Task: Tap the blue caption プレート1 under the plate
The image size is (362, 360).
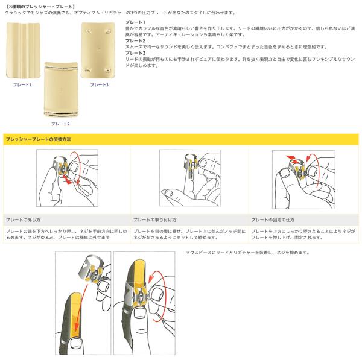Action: [22, 85]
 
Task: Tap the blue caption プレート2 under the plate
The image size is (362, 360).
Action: [60, 124]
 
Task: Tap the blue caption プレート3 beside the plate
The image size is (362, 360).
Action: [99, 85]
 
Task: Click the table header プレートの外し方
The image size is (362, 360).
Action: [23, 219]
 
